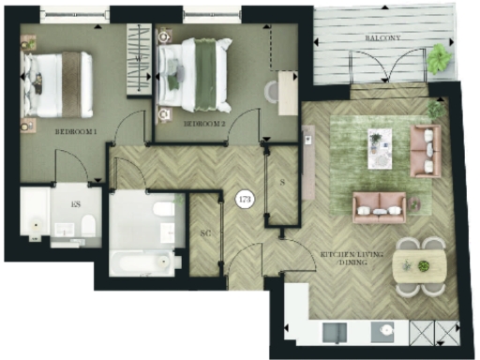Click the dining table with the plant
click(420, 266)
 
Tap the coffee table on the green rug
click(381, 147)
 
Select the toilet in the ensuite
click(86, 226)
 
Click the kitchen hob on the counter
click(335, 332)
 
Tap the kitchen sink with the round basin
click(382, 332)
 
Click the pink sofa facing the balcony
click(379, 206)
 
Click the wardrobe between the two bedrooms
click(140, 58)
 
